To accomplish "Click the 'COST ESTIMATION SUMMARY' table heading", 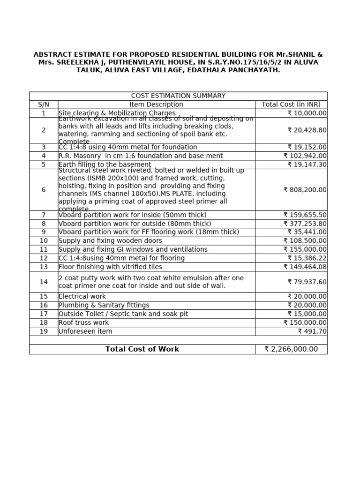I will [178, 96].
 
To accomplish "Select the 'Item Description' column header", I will [156, 105].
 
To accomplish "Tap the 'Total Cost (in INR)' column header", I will [291, 105].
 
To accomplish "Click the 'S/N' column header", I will [44, 105].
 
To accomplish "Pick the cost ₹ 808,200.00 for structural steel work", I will [305, 190].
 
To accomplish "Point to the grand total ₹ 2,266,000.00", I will [291, 349].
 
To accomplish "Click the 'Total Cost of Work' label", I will [142, 349].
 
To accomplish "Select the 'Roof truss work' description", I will [83, 322].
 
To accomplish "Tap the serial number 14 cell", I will [44, 282].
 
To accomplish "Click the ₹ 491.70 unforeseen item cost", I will [312, 331].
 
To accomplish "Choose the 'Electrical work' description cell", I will [82, 296].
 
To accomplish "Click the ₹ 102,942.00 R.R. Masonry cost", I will [305, 156].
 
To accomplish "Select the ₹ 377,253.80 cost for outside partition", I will [305, 224].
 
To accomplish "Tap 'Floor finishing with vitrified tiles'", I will [110, 267].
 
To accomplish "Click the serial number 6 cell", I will [44, 190].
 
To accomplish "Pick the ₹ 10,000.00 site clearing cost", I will [307, 113].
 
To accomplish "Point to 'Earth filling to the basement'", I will [105, 165].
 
